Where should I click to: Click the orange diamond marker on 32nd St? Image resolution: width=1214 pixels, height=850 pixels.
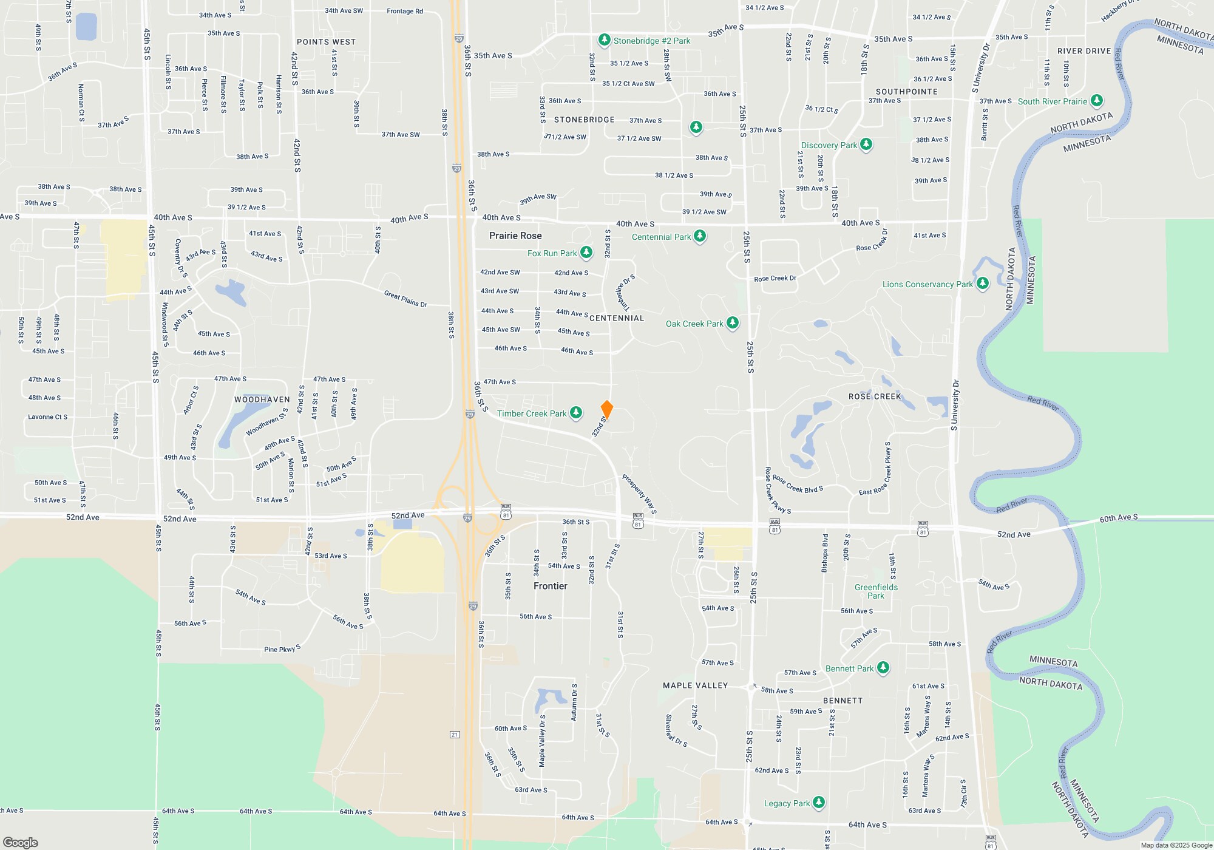(606, 409)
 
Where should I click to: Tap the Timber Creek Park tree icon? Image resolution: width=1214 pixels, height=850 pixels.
(576, 413)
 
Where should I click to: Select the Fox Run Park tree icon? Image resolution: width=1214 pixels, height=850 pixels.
(586, 253)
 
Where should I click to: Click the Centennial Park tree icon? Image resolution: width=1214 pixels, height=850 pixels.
(700, 236)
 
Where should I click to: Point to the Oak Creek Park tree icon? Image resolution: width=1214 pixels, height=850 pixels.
(733, 322)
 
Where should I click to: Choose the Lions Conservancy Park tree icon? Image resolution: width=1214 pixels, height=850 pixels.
(982, 283)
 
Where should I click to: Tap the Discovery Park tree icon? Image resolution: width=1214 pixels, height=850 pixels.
(866, 144)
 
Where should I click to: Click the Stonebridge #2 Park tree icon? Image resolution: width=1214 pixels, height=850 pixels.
(604, 40)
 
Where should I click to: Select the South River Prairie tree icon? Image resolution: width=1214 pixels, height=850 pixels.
(1096, 100)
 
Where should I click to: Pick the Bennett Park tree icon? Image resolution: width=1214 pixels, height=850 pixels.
(883, 668)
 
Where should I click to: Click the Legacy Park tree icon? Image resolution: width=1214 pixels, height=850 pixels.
(819, 802)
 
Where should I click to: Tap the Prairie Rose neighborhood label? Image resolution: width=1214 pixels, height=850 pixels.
(515, 236)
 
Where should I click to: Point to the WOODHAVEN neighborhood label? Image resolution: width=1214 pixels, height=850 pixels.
(262, 399)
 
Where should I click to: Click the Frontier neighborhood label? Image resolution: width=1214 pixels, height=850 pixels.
(551, 586)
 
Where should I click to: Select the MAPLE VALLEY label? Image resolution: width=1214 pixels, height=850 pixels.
(695, 685)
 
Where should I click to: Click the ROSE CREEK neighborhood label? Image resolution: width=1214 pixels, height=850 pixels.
(875, 396)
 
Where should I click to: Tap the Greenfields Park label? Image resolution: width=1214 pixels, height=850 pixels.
(876, 591)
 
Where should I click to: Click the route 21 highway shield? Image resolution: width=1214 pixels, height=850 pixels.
(455, 735)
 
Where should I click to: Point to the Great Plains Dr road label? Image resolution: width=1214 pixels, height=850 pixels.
(405, 298)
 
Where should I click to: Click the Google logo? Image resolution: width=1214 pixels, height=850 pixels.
(21, 842)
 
